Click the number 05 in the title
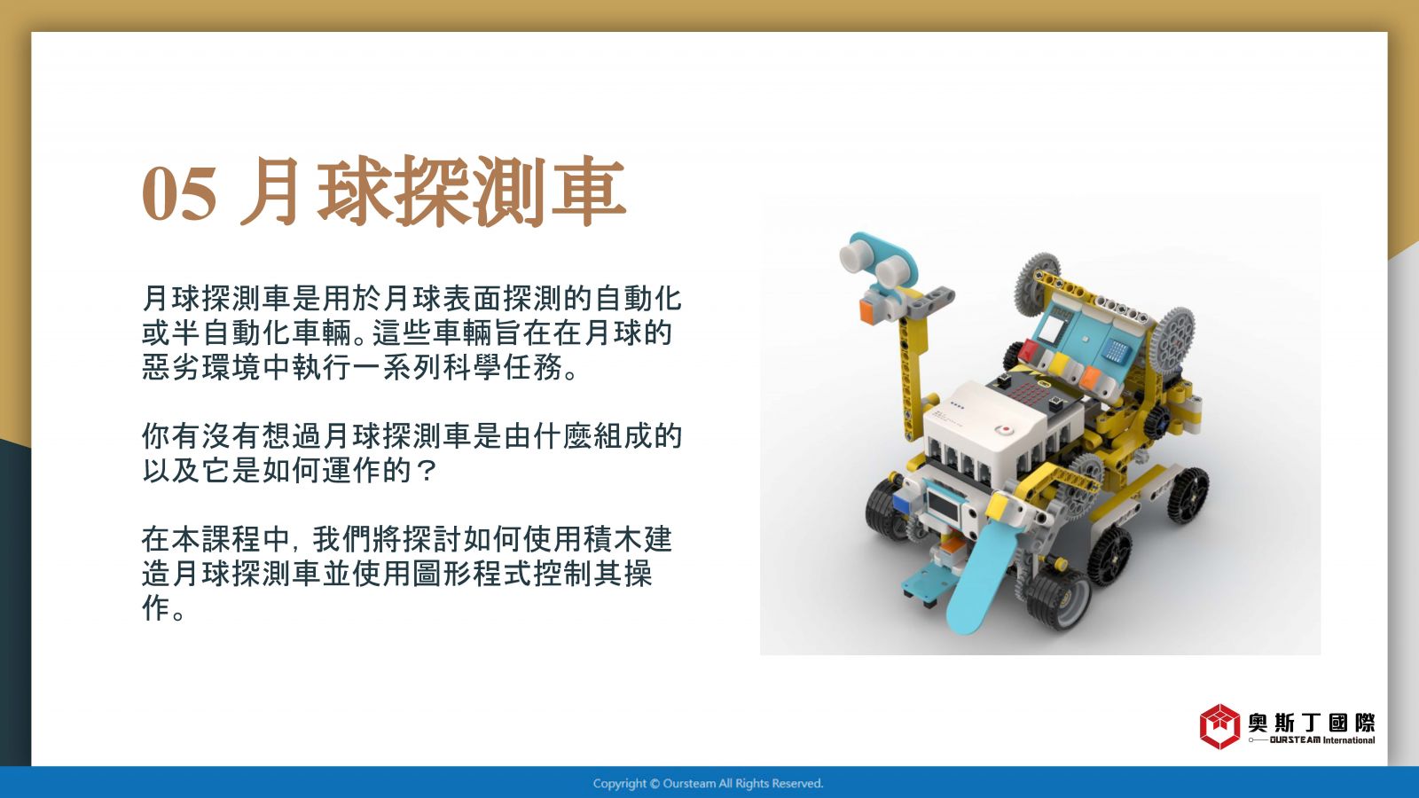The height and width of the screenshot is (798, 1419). point(179,193)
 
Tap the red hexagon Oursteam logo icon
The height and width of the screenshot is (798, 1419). point(1219,726)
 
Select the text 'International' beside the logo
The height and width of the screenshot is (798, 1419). point(1349,739)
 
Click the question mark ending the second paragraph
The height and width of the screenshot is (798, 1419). point(427,470)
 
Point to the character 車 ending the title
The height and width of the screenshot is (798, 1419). point(589,192)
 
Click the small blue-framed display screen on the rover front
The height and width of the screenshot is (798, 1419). point(945,505)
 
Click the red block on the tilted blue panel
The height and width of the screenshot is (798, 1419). point(1029,349)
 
